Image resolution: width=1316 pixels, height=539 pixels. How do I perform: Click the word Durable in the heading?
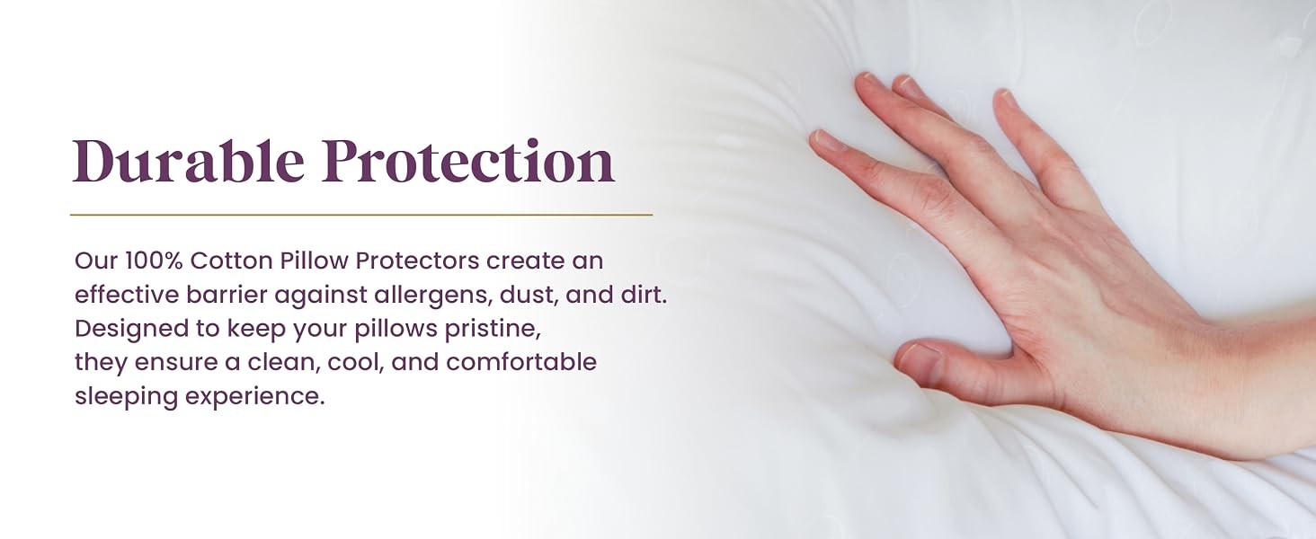pos(189,161)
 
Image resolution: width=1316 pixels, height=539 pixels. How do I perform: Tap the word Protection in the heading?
pos(468,161)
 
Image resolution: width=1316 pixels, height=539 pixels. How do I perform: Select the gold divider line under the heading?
pos(361,215)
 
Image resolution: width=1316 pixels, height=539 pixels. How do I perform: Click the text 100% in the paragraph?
pos(155,261)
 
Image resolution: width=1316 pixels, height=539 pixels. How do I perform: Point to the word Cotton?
pos(232,261)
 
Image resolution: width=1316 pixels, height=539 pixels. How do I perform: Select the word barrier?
pos(227,295)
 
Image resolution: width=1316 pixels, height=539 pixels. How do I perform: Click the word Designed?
pos(131,330)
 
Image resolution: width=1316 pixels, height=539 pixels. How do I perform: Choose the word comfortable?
pos(521,362)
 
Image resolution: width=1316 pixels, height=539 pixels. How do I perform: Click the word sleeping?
pos(127,397)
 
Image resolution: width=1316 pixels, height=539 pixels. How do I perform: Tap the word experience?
pos(255,397)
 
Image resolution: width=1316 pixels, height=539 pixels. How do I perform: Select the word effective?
pos(127,295)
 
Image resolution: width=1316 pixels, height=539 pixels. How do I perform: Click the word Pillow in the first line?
pos(315,261)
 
